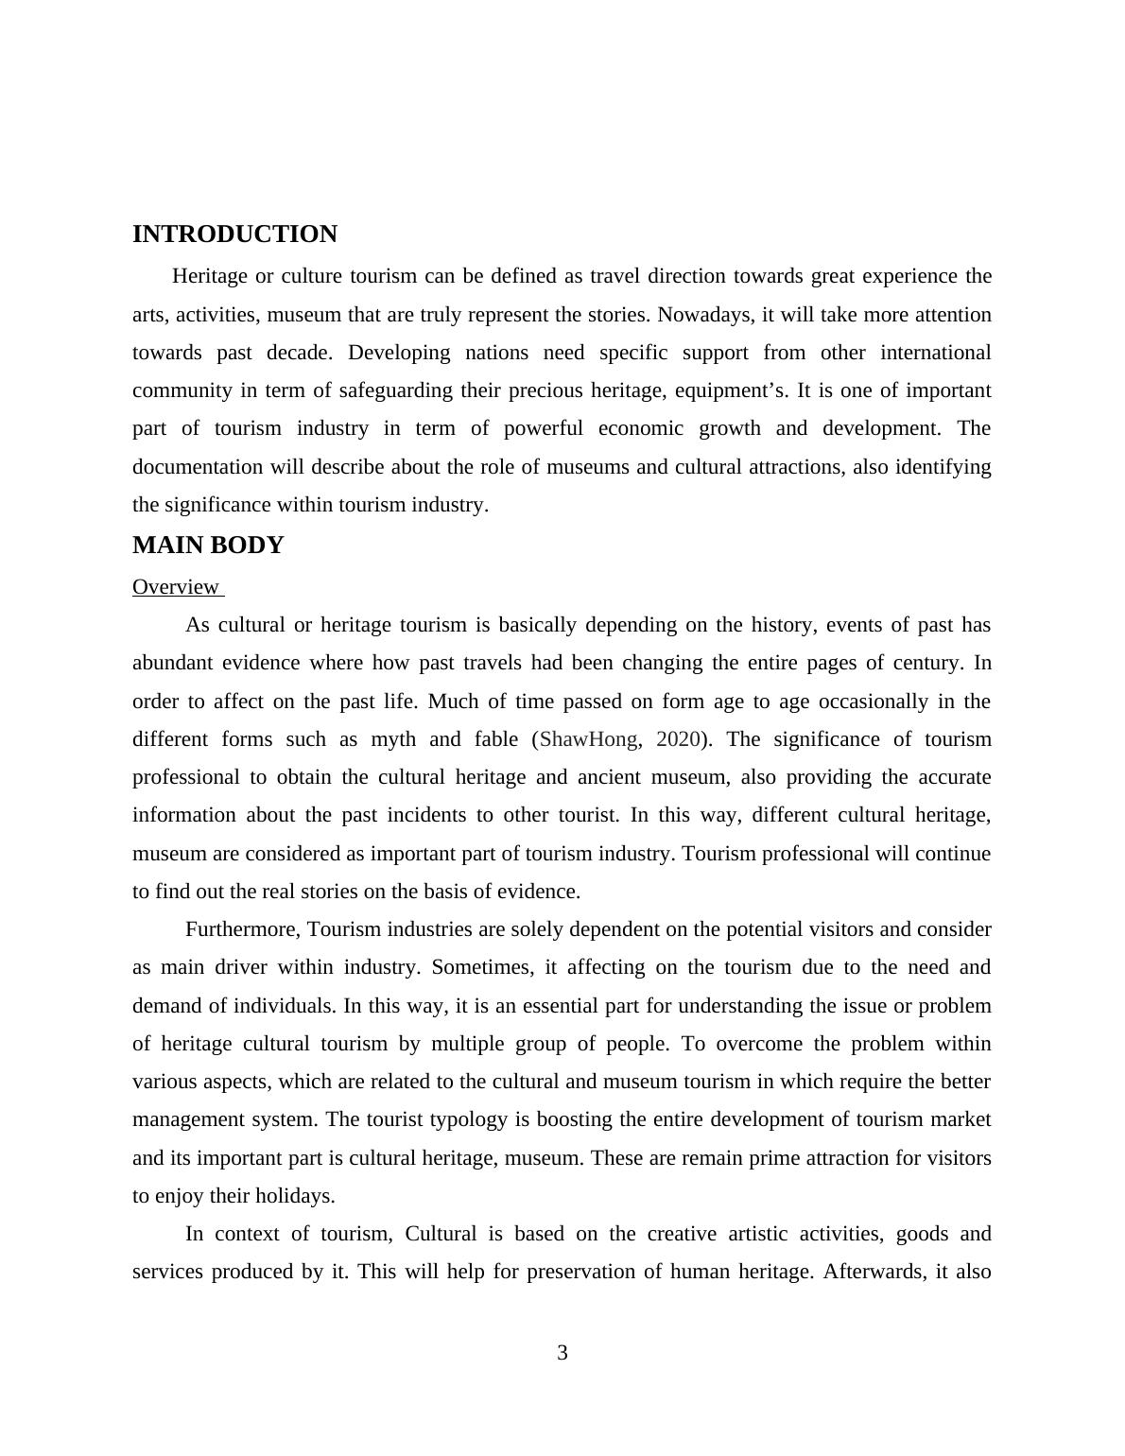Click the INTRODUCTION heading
(234, 234)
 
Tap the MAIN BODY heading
(208, 546)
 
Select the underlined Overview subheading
(176, 587)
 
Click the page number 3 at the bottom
(562, 1353)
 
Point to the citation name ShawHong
(588, 739)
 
